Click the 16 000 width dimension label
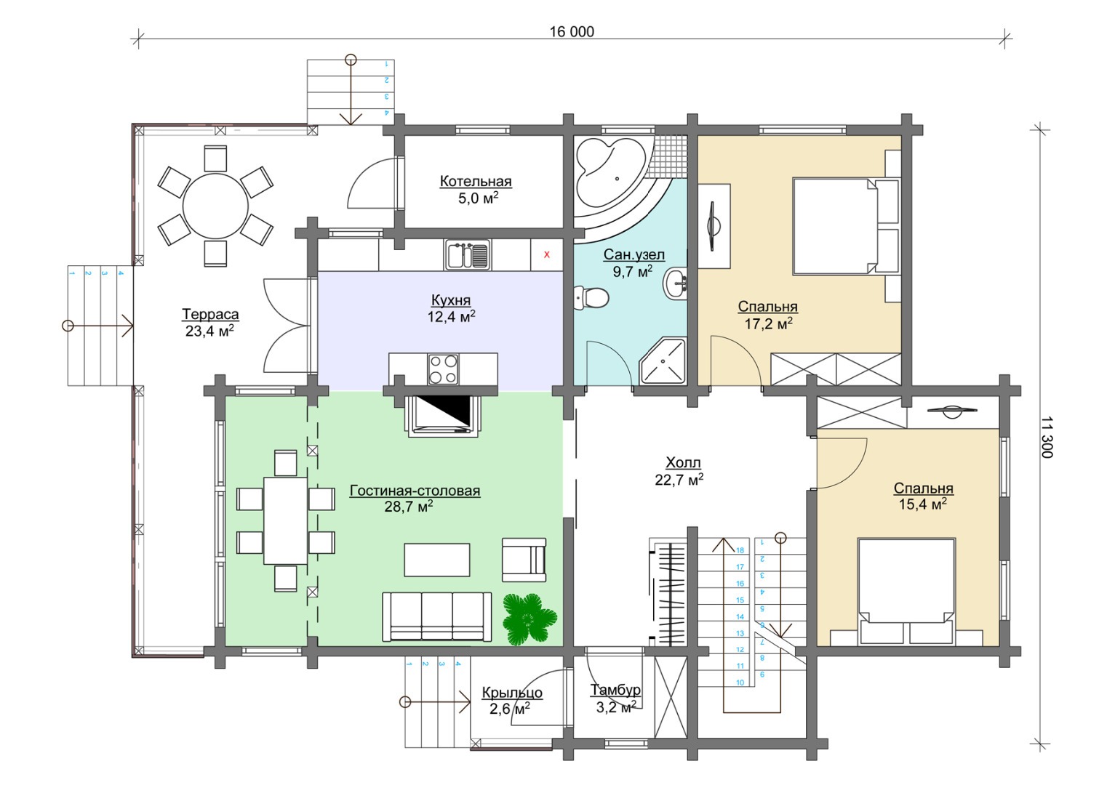(572, 31)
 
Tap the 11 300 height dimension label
(1046, 438)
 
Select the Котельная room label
(476, 181)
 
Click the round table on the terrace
(215, 206)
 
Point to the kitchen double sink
(468, 255)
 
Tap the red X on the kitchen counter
(546, 255)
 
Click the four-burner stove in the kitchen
(443, 369)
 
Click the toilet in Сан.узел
(591, 299)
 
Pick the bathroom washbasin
(674, 283)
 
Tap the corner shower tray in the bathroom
(662, 361)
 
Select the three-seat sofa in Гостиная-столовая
(437, 616)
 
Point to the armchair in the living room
(524, 560)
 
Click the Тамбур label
(615, 690)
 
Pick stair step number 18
(740, 550)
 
